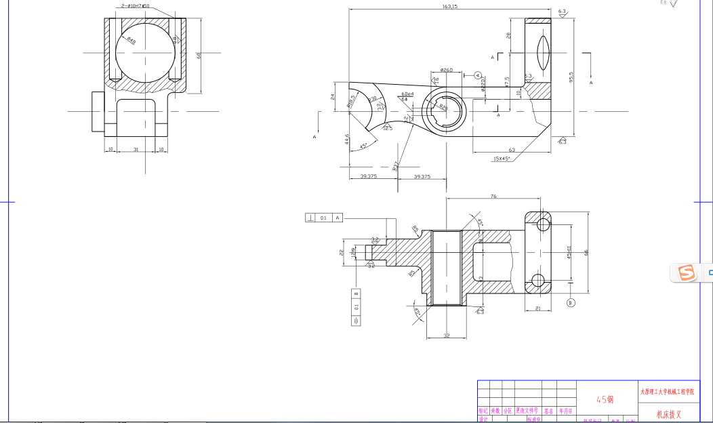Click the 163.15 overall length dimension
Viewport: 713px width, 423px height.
(449, 6)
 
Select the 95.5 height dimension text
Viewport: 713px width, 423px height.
(571, 78)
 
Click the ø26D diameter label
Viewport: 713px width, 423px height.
(446, 70)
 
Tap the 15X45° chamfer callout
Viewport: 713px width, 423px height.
(502, 159)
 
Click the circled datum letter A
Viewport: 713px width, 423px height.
(478, 75)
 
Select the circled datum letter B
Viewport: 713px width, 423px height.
(571, 302)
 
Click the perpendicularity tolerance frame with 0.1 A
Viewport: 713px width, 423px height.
(324, 218)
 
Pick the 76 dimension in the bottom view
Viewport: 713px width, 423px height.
(493, 196)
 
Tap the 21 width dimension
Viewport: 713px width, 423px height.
(537, 308)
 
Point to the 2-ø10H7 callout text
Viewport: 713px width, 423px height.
(134, 5)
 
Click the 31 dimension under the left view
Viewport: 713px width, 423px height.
(136, 149)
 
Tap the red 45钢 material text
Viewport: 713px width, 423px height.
(605, 399)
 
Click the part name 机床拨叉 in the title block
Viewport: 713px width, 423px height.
(668, 414)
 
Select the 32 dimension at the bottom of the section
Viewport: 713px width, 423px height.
(446, 335)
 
